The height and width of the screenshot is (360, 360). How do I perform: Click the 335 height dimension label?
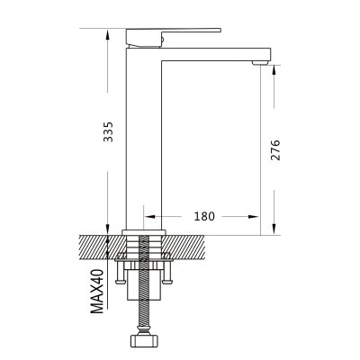[x=108, y=131]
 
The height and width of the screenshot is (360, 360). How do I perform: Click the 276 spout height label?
[x=275, y=149]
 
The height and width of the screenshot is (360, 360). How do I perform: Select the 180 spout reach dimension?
[x=204, y=216]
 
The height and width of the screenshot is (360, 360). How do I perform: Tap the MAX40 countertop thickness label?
[x=97, y=291]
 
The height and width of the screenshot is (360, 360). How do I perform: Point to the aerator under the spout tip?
[x=260, y=62]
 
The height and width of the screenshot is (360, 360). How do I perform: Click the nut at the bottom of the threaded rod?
[x=144, y=340]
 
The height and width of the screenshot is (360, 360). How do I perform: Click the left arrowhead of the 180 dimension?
[x=149, y=216]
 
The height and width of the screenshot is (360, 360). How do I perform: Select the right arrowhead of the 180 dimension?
[x=253, y=216]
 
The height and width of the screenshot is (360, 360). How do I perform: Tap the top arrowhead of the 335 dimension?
[x=108, y=33]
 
